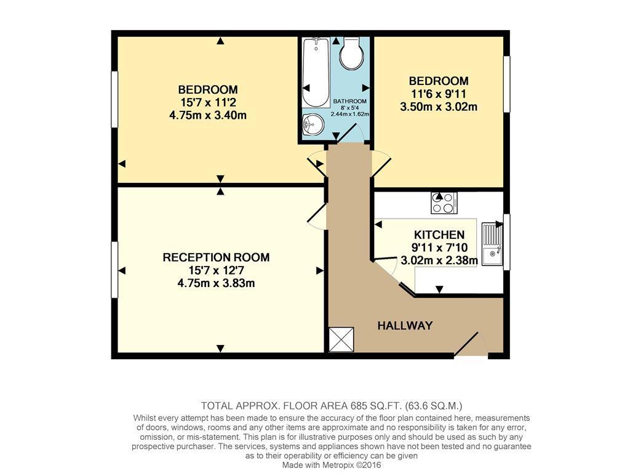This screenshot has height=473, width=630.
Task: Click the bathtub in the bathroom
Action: tap(316, 73)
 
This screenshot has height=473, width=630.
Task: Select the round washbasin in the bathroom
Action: tap(313, 124)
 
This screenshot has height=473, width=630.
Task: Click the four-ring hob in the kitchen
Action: tap(444, 203)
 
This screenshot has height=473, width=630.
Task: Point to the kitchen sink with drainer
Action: tap(492, 244)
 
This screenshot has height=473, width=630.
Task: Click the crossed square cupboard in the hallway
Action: tap(341, 340)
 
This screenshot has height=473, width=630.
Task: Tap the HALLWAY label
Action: tap(405, 325)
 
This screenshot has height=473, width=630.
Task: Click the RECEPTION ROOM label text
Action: tap(216, 257)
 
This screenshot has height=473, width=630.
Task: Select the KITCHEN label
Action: tap(439, 235)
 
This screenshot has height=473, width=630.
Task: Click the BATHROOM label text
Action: tap(350, 102)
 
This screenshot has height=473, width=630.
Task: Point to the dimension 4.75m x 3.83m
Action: tap(216, 283)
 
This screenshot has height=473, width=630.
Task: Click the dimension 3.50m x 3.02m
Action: tap(439, 107)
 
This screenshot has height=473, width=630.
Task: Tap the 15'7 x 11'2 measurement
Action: tap(208, 102)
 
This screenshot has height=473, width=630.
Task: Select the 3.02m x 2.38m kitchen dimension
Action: tap(439, 261)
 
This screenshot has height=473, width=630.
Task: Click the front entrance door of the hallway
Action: tap(471, 345)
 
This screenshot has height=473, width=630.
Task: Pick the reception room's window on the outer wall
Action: tap(114, 270)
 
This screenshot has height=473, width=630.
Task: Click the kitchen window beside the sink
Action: tap(507, 241)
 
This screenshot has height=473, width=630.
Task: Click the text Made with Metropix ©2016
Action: tap(332, 466)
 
